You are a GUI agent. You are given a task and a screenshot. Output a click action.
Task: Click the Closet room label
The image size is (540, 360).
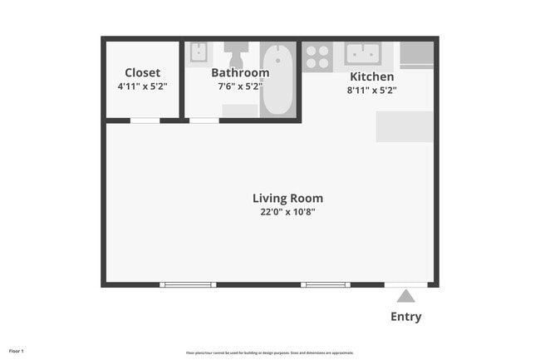click(x=142, y=72)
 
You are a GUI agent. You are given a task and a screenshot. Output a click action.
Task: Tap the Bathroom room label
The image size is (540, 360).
click(x=241, y=72)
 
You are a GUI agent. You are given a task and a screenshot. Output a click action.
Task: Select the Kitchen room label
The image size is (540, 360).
click(x=371, y=76)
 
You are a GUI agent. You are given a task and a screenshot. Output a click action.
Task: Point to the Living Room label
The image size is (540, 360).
click(x=287, y=198)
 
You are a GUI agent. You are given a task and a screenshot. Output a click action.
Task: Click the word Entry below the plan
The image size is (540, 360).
click(x=405, y=317)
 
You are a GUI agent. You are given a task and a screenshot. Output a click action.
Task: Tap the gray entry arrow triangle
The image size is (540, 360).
click(x=405, y=296)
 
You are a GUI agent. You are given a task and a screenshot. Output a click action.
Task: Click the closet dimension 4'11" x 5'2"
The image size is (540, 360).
click(x=142, y=86)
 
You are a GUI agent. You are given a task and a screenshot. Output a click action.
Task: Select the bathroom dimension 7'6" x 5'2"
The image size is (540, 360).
click(x=241, y=86)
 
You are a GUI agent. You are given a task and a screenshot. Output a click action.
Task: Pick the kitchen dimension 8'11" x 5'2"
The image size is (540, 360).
click(x=371, y=90)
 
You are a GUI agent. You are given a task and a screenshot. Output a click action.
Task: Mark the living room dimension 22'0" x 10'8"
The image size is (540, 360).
click(x=287, y=212)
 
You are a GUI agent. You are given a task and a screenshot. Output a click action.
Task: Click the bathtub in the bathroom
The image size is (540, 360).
click(x=277, y=80)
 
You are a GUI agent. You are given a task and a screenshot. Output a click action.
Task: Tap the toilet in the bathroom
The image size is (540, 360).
click(x=236, y=54)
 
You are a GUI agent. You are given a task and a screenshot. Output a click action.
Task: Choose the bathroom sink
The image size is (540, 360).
click(x=199, y=52)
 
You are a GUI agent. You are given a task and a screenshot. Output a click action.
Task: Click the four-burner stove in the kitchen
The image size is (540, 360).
click(x=317, y=57)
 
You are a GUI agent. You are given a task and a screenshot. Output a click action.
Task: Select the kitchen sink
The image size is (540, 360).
click(x=363, y=53)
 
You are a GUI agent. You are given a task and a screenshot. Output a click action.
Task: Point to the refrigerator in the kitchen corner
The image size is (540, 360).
click(x=416, y=55)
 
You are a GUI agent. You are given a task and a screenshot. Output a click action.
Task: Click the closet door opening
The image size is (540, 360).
click(x=145, y=121)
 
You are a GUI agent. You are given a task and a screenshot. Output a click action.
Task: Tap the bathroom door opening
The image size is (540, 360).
click(x=204, y=121)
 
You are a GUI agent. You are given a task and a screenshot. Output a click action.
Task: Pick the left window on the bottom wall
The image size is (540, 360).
click(x=187, y=285)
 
